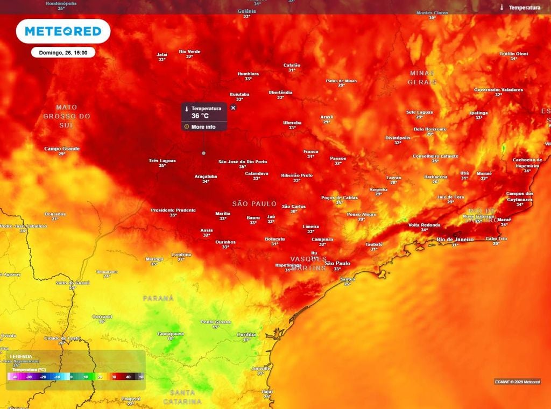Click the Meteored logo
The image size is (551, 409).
click(63, 31)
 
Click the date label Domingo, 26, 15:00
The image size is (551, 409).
click(63, 52)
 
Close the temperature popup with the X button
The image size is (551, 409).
click(233, 108)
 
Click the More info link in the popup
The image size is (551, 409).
click(203, 127)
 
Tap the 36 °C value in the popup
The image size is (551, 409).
click(200, 116)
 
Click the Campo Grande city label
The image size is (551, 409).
click(62, 149)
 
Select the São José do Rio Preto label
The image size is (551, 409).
click(243, 161)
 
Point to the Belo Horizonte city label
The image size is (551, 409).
click(430, 129)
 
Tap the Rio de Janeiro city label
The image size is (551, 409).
click(455, 239)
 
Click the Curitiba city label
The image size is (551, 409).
click(246, 334)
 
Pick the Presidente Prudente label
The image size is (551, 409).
click(173, 210)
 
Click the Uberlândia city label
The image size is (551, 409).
click(280, 92)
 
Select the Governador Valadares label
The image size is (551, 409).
click(498, 89)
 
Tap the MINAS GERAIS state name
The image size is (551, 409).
click(422, 77)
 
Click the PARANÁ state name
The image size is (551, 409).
click(158, 298)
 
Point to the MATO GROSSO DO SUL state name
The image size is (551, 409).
click(67, 116)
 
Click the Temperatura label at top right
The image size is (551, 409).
click(524, 8)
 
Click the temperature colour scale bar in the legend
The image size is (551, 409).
click(76, 377)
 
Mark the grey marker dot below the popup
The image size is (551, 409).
click(203, 153)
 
